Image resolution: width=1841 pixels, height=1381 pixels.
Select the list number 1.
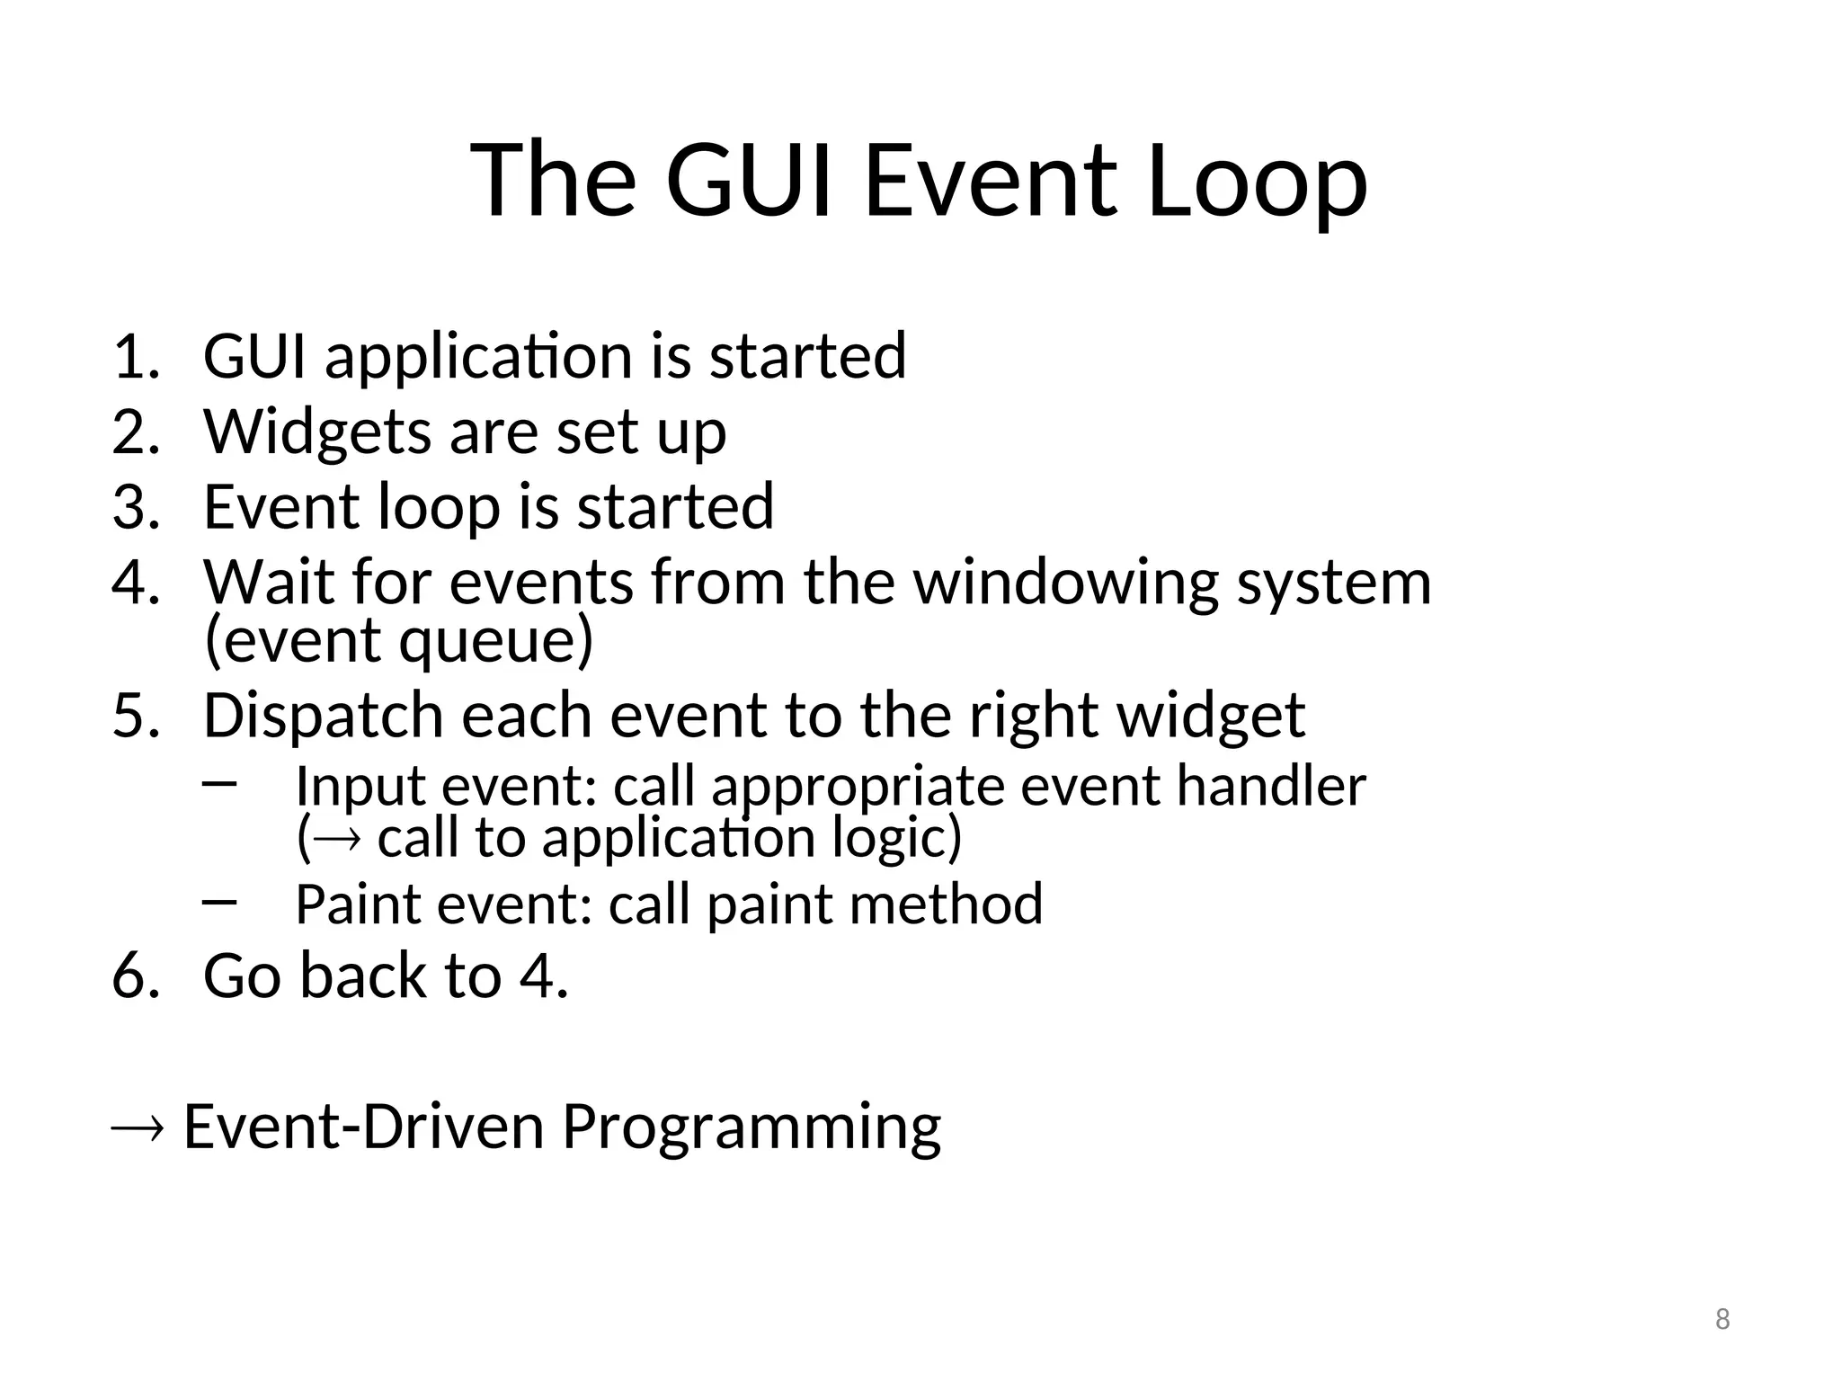pos(133,356)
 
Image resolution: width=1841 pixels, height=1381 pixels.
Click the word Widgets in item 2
pos(317,433)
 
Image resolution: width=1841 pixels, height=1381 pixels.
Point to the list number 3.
pos(133,507)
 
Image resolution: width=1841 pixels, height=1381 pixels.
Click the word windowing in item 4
pos(1065,583)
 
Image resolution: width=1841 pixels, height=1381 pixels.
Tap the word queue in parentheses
pos(494,642)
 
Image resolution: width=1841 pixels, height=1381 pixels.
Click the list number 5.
pos(133,717)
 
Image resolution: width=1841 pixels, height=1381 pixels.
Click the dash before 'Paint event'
pos(220,901)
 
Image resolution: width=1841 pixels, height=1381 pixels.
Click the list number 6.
pos(133,976)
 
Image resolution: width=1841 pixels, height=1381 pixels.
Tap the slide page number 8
pos(1721,1320)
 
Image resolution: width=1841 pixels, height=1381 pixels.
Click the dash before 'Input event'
pos(220,783)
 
